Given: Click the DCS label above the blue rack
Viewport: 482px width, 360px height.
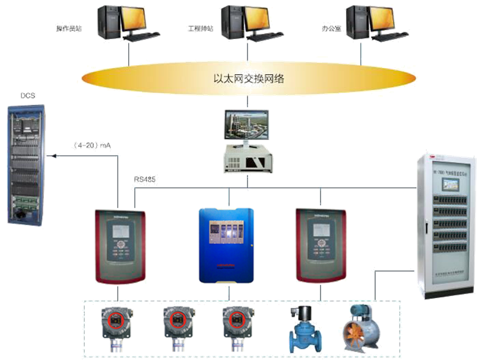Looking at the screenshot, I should click(x=27, y=95).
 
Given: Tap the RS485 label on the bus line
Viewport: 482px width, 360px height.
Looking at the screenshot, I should click(x=145, y=178).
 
